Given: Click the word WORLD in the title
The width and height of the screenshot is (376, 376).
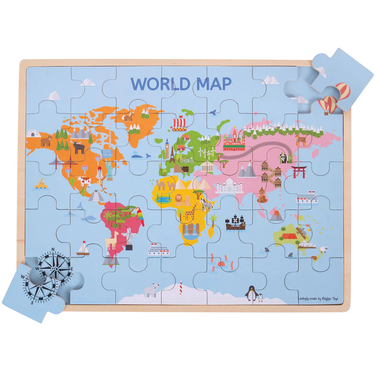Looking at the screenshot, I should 160,83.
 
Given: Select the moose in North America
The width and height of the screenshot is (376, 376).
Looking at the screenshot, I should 79,147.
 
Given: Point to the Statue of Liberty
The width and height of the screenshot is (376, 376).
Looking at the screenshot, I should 109,170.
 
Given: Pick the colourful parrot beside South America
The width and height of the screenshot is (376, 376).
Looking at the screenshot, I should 141,216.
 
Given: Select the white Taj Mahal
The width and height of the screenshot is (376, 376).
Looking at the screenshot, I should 229,185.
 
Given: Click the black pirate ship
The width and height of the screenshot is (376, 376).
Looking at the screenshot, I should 234,223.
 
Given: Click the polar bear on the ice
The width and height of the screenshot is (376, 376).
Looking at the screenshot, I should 152,290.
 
